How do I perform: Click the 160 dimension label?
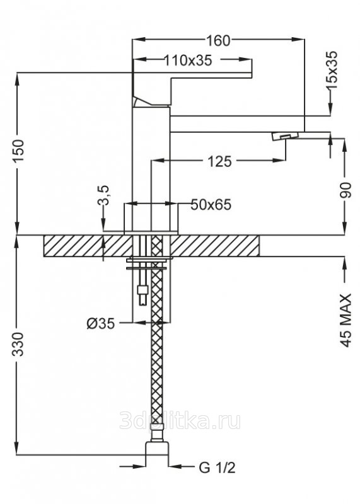pos(218,40)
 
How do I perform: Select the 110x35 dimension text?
pos(188,60)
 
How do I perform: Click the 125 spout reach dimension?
pos(220,161)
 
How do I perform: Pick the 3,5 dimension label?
pos(103,195)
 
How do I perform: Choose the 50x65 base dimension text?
pos(211,205)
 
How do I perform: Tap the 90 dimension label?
pos(345,190)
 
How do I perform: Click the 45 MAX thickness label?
pos(345,321)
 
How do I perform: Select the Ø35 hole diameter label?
pos(100,324)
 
